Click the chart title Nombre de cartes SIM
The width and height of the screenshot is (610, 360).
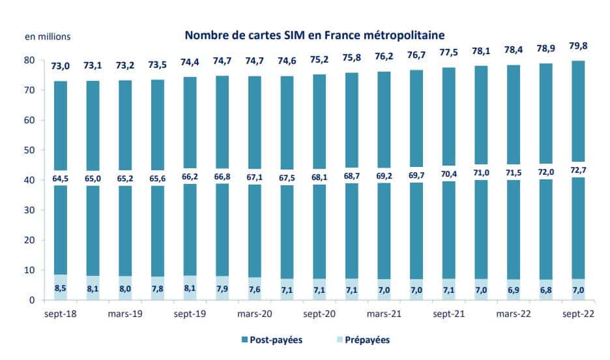[314, 35]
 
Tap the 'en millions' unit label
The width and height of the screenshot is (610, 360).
[48, 37]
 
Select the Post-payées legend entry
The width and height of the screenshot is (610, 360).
[272, 340]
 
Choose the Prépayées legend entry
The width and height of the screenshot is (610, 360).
[363, 340]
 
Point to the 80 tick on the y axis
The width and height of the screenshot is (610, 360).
[29, 60]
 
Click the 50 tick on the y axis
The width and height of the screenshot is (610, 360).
[29, 150]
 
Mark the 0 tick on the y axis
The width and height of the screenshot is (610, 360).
[32, 300]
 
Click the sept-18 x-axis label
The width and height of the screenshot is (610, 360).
[61, 314]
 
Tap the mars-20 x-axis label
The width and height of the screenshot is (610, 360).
[254, 314]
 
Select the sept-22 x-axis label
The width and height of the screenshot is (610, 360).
[579, 314]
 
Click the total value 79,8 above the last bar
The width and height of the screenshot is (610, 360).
[578, 46]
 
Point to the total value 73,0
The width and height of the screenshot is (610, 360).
[61, 66]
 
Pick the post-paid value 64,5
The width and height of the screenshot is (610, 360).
[61, 179]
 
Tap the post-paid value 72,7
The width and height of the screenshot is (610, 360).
[578, 170]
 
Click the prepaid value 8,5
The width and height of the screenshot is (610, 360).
[61, 288]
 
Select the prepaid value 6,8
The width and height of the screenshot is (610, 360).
[546, 290]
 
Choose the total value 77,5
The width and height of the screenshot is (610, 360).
[448, 53]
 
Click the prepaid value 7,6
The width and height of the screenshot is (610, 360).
[254, 290]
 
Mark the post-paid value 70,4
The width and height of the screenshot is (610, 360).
[448, 174]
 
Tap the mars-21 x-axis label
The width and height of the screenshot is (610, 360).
[384, 314]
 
